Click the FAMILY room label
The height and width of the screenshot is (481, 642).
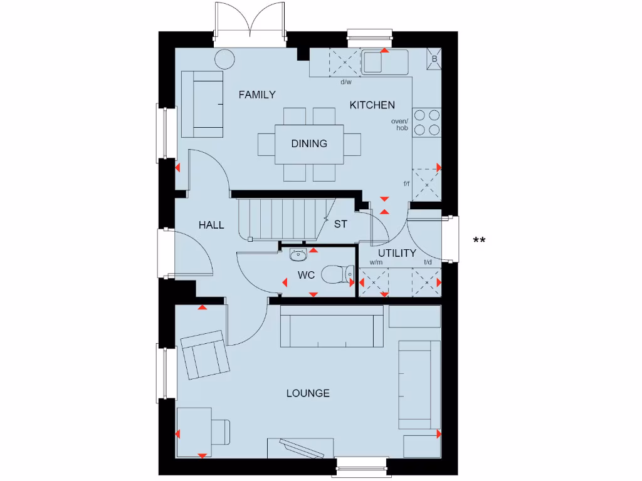[x=257, y=95]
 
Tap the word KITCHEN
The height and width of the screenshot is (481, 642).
[x=372, y=105]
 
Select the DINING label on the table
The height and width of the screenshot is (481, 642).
[x=309, y=143]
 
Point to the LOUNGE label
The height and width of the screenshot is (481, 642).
[x=308, y=393]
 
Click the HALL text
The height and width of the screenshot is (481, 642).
[x=211, y=225]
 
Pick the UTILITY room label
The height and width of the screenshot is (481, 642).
[x=397, y=253]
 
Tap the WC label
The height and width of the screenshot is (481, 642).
[x=306, y=275]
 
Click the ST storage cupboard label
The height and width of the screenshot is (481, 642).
[x=340, y=224]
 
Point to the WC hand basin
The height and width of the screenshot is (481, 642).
[x=298, y=254]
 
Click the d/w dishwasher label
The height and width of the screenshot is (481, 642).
[x=346, y=82]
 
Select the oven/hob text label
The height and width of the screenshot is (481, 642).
[x=399, y=125]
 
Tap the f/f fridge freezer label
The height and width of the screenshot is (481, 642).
[x=407, y=184]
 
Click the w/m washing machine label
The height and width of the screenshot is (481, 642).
[x=376, y=263]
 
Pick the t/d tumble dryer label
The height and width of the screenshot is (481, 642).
[x=428, y=263]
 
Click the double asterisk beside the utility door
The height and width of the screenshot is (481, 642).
[x=480, y=240]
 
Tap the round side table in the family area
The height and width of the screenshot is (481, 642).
[x=225, y=60]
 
